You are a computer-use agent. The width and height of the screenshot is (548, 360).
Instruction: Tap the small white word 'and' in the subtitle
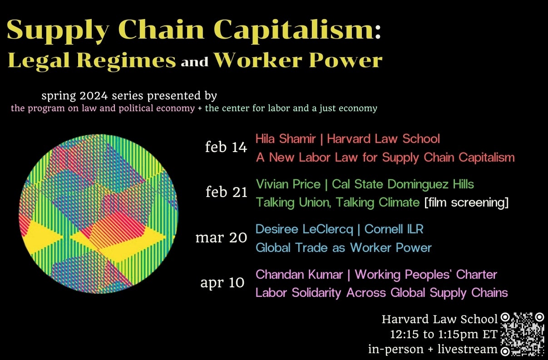click(x=194, y=62)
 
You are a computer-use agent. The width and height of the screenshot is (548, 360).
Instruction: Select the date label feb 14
click(x=226, y=148)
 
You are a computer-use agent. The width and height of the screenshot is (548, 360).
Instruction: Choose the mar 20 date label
click(x=221, y=238)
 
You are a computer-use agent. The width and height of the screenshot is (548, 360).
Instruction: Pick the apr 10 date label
click(x=222, y=282)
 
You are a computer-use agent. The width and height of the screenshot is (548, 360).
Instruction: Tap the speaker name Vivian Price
click(x=290, y=184)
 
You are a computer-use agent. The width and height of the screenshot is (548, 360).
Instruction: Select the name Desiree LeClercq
click(x=304, y=229)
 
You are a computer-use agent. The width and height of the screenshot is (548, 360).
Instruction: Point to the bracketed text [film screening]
click(x=466, y=202)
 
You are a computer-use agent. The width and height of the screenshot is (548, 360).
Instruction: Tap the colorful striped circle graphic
click(x=98, y=213)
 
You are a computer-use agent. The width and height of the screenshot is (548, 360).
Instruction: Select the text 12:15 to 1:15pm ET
click(x=444, y=335)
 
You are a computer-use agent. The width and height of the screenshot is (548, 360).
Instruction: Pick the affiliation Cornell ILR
click(x=394, y=229)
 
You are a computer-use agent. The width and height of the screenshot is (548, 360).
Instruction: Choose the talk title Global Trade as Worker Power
click(x=343, y=248)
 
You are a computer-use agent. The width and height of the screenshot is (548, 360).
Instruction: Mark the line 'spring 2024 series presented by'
click(x=129, y=96)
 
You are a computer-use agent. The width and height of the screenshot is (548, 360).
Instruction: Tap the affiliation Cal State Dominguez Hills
click(x=403, y=184)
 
